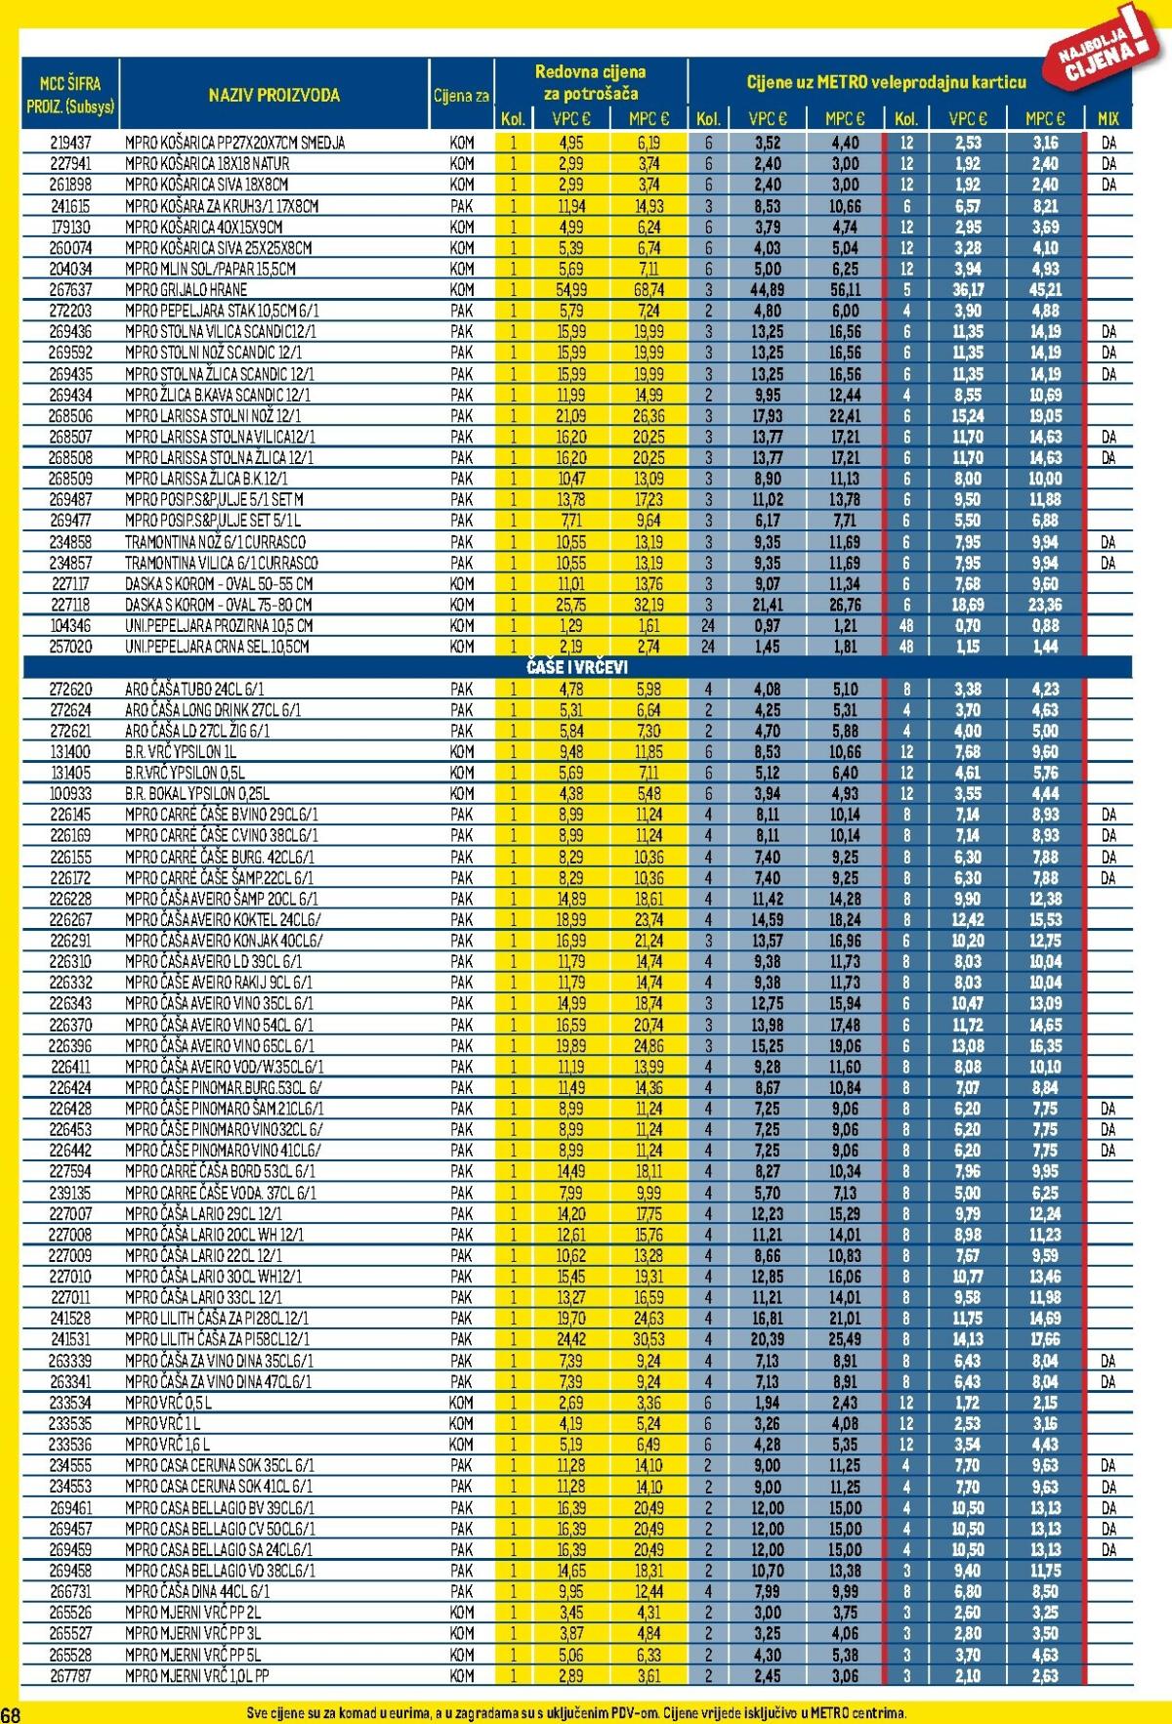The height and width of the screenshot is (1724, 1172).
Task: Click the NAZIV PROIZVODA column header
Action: [x=273, y=95]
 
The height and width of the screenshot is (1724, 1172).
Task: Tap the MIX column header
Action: [x=1109, y=119]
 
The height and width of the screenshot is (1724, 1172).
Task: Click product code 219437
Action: [x=70, y=143]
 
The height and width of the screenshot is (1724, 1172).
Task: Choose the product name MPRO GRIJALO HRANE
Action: [x=186, y=290]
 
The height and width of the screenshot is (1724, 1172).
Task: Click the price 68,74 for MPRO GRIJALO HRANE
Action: [x=649, y=290]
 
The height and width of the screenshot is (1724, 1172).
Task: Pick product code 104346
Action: [x=70, y=625]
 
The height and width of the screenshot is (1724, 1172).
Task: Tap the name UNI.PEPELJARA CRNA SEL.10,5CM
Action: [x=217, y=647]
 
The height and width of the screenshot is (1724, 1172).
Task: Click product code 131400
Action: [x=70, y=752]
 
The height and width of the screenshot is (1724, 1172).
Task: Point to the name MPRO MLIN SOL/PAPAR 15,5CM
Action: [x=210, y=269]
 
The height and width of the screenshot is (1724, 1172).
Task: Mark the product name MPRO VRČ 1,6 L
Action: [x=167, y=1444]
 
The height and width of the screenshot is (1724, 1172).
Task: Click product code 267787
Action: [x=70, y=1675]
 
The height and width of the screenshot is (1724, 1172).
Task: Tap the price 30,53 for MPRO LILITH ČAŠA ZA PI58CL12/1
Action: [x=649, y=1339]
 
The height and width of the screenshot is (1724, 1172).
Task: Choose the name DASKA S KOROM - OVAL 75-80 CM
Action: [x=219, y=605]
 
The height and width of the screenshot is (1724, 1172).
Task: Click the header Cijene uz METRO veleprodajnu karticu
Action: [x=886, y=83]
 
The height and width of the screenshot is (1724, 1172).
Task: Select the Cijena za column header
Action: [x=461, y=96]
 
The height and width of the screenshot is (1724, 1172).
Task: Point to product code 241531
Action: [x=70, y=1339]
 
